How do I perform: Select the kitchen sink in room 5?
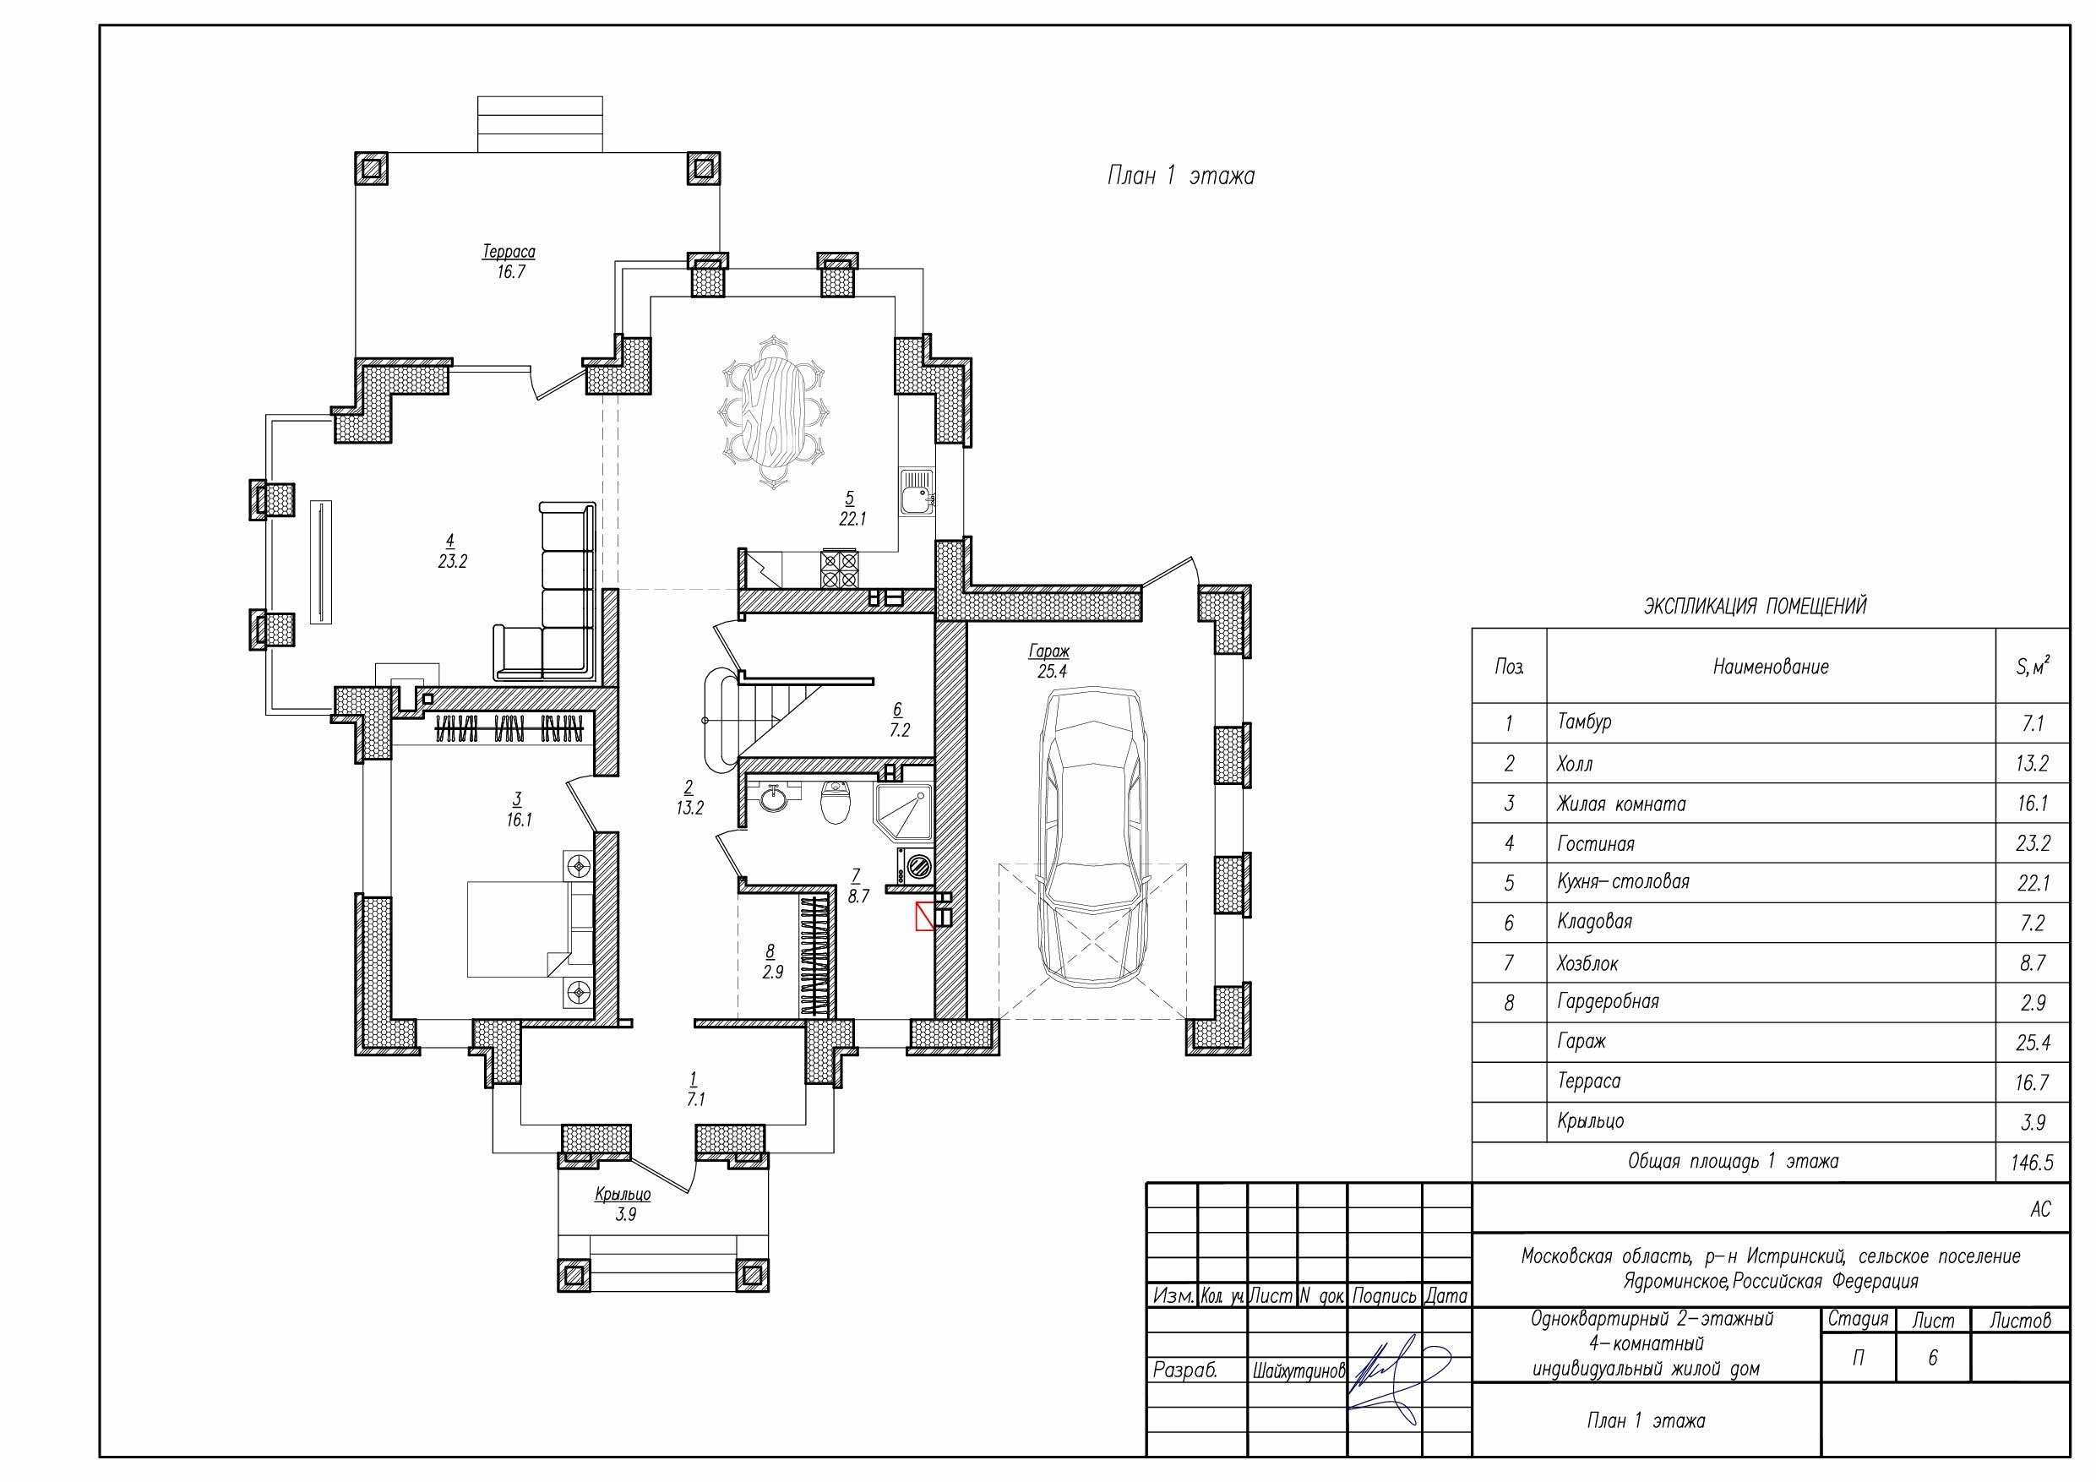click(x=917, y=493)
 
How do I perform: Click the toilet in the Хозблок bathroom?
click(x=836, y=803)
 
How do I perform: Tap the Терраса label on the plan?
click(x=509, y=252)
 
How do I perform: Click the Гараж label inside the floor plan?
click(x=1049, y=652)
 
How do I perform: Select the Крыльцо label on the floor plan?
click(x=623, y=1195)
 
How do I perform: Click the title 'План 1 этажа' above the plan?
click(x=1180, y=177)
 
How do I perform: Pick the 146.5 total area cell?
click(x=2032, y=1163)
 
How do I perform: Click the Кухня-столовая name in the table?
click(x=1623, y=882)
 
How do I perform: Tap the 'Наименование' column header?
click(x=1771, y=667)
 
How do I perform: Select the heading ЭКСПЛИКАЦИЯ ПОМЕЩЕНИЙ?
click(x=1756, y=607)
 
